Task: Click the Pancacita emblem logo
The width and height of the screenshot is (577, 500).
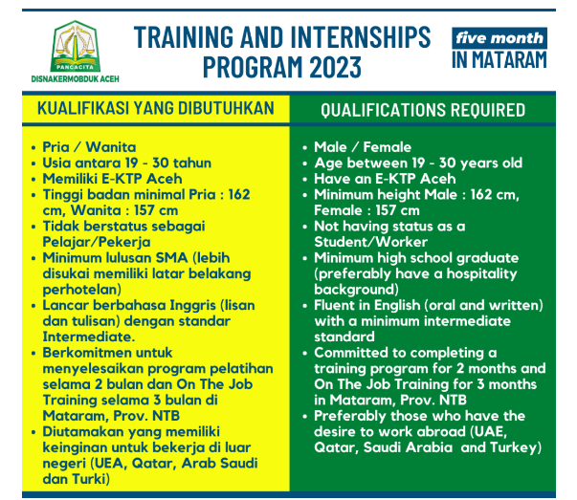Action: pyautogui.click(x=75, y=46)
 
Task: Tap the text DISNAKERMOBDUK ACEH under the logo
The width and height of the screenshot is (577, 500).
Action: pyautogui.click(x=75, y=78)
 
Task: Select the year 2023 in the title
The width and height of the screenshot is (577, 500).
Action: pyautogui.click(x=335, y=67)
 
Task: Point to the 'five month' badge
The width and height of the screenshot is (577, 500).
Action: pyautogui.click(x=499, y=38)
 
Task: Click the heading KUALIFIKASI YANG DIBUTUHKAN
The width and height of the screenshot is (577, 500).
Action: pyautogui.click(x=156, y=108)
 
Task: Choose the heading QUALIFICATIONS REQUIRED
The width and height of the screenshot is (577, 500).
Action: pyautogui.click(x=423, y=110)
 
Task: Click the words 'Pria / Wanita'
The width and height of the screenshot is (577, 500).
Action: pyautogui.click(x=89, y=147)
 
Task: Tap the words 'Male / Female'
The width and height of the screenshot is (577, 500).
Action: pyautogui.click(x=363, y=147)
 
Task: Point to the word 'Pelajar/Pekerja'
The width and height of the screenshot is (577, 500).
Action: pyautogui.click(x=97, y=242)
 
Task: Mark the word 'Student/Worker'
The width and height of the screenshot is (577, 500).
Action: pyautogui.click(x=370, y=242)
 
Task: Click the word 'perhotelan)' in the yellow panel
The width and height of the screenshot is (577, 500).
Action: pyautogui.click(x=81, y=290)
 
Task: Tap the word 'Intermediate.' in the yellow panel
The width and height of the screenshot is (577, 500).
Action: pyautogui.click(x=89, y=337)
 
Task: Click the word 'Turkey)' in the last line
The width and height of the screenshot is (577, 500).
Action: pyautogui.click(x=516, y=447)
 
